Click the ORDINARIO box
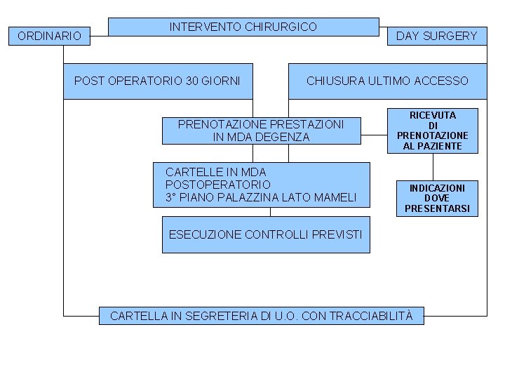[49, 36]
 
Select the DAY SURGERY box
[436, 36]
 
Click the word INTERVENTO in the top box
[206, 27]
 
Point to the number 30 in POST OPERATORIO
[192, 81]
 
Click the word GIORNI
[221, 81]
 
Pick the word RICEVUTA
[433, 115]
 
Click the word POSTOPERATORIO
[218, 185]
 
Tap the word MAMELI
[331, 198]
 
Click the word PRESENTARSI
[437, 208]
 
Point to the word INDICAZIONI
[437, 188]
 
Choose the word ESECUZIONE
[205, 234]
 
